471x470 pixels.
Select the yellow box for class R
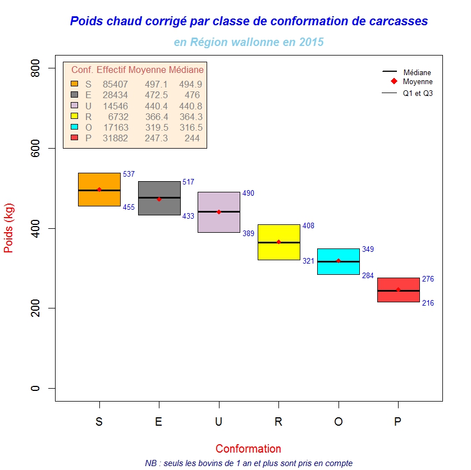tap(278, 250)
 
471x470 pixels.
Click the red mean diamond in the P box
tap(398, 290)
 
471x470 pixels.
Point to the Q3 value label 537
tap(129, 174)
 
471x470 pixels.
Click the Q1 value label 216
tap(428, 303)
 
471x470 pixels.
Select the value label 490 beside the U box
tap(248, 193)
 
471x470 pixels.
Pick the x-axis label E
tap(159, 422)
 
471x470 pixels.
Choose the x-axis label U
tap(218, 422)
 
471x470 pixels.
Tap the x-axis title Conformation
tap(248, 449)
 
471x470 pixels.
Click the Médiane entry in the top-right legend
tap(417, 72)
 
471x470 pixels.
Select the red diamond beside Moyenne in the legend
tap(393, 82)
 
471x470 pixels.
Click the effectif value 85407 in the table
tap(115, 84)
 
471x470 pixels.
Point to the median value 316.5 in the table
tap(191, 128)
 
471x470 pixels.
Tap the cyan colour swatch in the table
tap(74, 127)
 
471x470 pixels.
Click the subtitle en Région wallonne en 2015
tap(249, 42)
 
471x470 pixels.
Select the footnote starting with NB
tap(248, 463)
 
